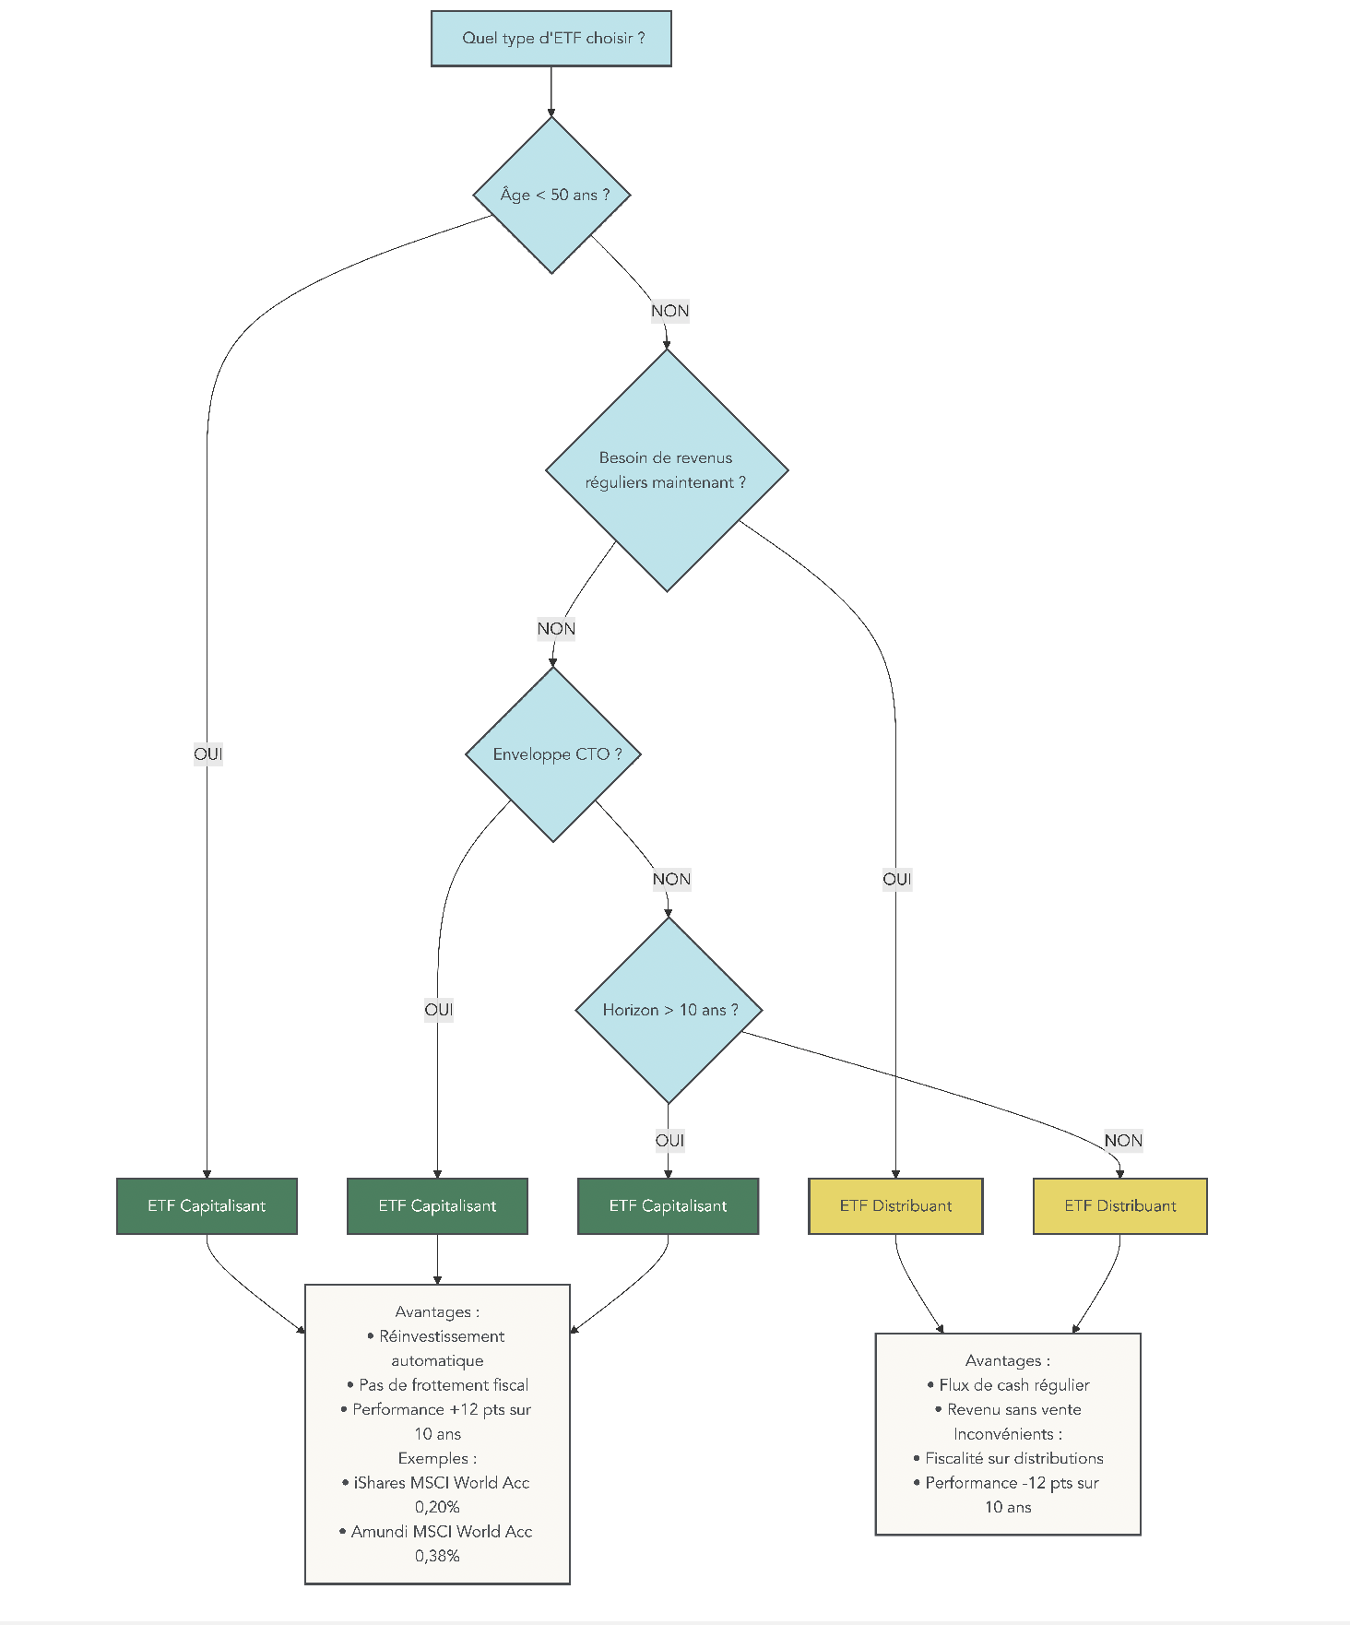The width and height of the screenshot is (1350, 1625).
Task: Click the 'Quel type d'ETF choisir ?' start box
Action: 551,39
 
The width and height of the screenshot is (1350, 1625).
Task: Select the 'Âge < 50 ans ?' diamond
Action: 551,195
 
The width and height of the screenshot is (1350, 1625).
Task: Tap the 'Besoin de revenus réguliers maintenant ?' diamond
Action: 666,470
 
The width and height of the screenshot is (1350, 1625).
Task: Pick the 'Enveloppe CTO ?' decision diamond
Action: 553,754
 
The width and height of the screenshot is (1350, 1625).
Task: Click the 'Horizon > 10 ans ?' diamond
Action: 669,1010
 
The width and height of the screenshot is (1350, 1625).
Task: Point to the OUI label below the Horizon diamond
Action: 669,1141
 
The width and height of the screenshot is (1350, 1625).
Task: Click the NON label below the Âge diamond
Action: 669,311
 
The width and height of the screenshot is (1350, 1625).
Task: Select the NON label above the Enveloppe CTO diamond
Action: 556,629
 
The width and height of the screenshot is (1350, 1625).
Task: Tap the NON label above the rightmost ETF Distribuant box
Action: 1123,1141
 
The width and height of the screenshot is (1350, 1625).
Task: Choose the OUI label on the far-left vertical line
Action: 207,754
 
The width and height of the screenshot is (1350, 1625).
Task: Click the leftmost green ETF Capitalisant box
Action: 207,1206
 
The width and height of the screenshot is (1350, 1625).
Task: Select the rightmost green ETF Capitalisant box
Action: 668,1206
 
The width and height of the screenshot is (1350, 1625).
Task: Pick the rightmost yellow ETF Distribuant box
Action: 1119,1206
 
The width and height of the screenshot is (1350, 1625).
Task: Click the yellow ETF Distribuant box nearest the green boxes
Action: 895,1206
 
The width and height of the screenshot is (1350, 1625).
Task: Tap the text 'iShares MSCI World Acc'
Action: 441,1483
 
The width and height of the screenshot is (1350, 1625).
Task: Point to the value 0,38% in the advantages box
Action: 437,1556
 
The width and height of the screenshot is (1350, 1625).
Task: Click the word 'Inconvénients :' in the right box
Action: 1007,1434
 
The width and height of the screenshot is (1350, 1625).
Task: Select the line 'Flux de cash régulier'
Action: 1013,1385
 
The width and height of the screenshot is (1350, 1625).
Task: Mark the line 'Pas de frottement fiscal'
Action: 443,1385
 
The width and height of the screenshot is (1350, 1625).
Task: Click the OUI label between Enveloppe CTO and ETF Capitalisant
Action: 438,1010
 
